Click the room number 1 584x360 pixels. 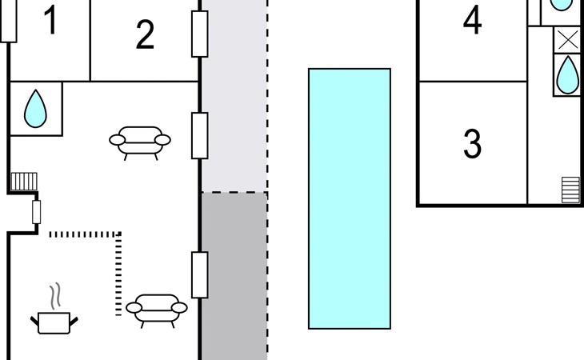coord(50,22)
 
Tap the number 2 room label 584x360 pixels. coord(145,35)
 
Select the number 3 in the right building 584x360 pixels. coord(473,143)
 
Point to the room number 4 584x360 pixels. coord(473,22)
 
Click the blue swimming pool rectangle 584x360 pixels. coord(350,198)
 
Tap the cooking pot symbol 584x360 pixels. coord(54,322)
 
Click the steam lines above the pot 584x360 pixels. coord(54,297)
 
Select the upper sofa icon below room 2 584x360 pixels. coord(140,141)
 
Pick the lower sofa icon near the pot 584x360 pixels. coord(157,308)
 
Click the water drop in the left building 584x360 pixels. coord(34,108)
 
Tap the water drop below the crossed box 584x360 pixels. coord(566,75)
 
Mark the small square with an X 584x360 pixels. coord(566,40)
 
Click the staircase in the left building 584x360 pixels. coord(24,182)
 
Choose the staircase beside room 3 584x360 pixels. coord(570,190)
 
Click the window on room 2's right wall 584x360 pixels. coord(199,34)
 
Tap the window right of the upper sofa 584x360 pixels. coord(199,135)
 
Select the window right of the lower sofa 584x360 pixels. coord(199,274)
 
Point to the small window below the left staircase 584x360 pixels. coord(36,213)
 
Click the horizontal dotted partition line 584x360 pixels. coord(85,234)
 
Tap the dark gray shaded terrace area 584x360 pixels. coord(234,276)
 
